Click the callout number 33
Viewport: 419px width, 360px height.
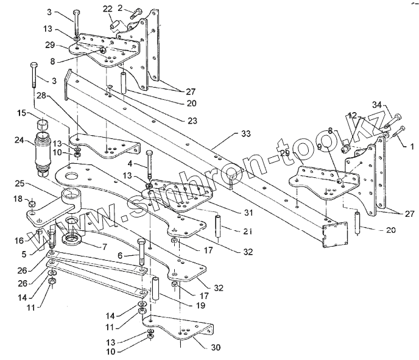click(246, 133)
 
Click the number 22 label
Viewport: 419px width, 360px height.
click(107, 9)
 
